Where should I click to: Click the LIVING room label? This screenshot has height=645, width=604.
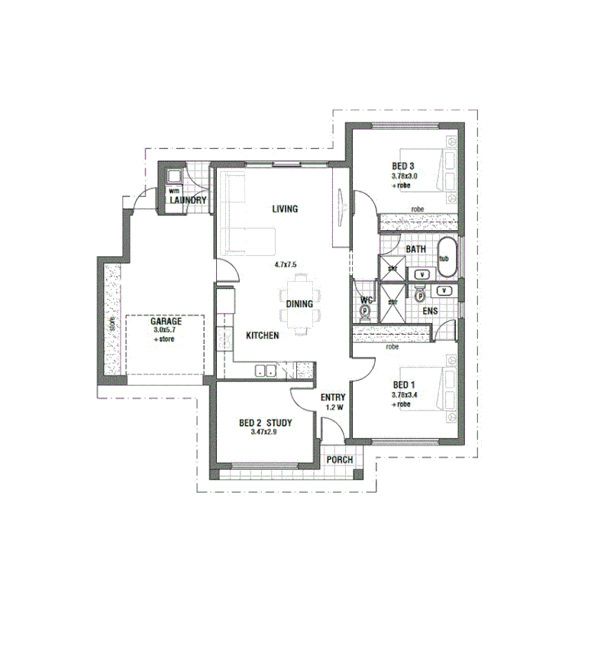[x=284, y=209]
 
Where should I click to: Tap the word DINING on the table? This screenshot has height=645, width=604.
[x=299, y=303]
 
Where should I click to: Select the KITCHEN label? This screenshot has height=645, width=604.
[x=262, y=335]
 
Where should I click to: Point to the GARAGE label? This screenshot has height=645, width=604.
[x=166, y=322]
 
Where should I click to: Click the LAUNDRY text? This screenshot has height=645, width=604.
[x=188, y=200]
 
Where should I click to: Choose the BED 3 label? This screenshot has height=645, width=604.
[x=402, y=167]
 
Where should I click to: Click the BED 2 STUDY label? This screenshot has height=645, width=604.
[x=265, y=423]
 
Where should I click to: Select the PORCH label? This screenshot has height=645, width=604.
[x=339, y=459]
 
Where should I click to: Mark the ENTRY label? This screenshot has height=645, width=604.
[x=333, y=397]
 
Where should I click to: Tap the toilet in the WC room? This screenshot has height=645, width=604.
[x=365, y=311]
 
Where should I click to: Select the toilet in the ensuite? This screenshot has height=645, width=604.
[x=419, y=295]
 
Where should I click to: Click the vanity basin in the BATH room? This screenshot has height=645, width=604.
[x=422, y=273]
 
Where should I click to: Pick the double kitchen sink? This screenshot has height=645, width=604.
[x=266, y=371]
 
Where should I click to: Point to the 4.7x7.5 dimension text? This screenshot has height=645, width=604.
[x=285, y=264]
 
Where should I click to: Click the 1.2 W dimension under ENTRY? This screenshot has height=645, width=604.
[x=334, y=408]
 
